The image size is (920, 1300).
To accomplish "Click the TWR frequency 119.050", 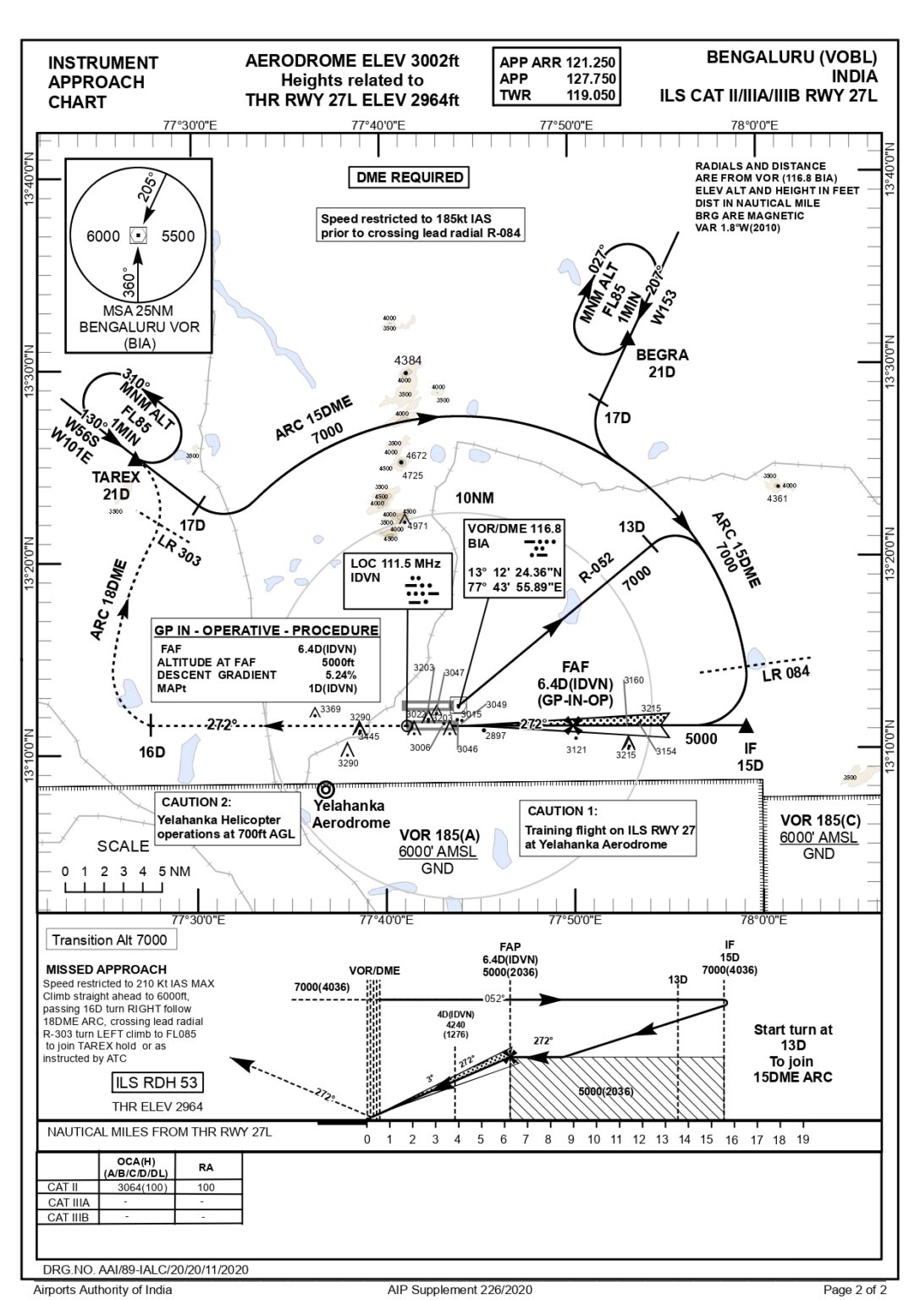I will click(x=592, y=96).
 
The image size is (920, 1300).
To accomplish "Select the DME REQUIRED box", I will click(x=409, y=178).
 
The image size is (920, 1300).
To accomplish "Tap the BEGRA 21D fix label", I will click(x=661, y=363).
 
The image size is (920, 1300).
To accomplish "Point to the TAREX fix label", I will click(x=116, y=478).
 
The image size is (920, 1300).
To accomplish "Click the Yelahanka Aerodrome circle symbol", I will click(x=325, y=789).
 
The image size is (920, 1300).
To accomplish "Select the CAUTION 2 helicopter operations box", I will click(x=227, y=818).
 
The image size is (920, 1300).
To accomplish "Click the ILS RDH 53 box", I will click(x=157, y=1082).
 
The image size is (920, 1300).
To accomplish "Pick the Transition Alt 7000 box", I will click(x=109, y=939).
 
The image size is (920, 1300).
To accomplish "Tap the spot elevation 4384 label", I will click(x=407, y=361).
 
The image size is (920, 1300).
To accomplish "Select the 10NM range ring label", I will click(x=474, y=499).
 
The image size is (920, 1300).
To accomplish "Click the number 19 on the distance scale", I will click(x=802, y=1139).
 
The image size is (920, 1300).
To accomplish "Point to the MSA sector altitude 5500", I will click(x=178, y=236).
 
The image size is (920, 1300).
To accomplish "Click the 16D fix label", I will click(x=152, y=752).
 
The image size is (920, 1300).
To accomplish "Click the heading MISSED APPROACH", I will click(x=106, y=969).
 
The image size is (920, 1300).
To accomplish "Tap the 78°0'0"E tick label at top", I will click(x=754, y=125).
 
